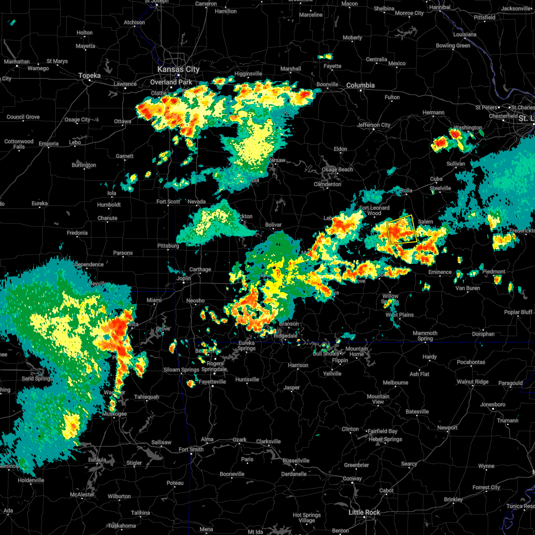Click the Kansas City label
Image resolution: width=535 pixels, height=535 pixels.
tap(178, 70)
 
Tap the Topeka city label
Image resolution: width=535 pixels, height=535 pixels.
tap(89, 76)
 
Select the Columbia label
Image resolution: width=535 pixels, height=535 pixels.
tap(360, 85)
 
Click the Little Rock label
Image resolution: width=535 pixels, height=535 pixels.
tap(364, 512)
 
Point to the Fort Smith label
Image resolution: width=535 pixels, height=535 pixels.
tap(191, 449)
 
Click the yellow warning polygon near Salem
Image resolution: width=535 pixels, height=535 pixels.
tap(403, 230)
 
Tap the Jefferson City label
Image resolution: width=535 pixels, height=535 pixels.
tap(374, 125)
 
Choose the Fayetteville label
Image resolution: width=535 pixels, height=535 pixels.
tap(212, 382)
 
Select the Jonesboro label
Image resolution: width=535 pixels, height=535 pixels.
tap(493, 404)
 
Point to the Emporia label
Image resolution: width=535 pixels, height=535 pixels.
tap(49, 144)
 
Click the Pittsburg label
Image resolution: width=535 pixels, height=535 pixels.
tap(168, 246)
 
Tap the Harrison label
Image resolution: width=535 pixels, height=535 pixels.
tap(298, 365)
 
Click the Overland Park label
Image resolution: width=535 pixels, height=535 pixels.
tap(171, 82)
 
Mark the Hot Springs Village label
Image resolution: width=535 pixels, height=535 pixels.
tap(307, 518)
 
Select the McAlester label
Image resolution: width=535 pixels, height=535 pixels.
tap(82, 494)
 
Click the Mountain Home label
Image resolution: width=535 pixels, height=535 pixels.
tap(357, 351)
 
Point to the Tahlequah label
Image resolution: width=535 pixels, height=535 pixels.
tap(147, 397)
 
